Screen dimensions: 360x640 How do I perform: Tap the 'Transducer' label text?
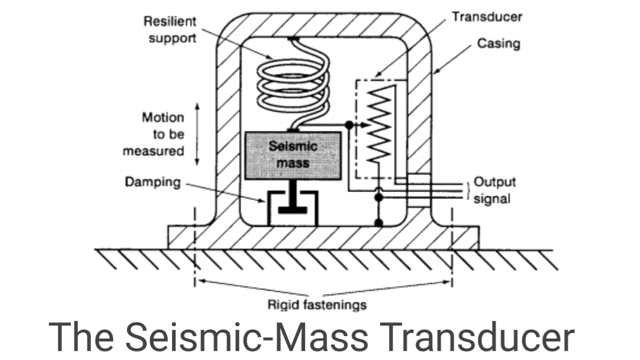pos(486,16)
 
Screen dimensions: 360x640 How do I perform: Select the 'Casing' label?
pos(498,43)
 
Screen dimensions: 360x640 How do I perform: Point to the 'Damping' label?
pos(152,181)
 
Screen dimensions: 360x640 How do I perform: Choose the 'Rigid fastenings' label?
pos(317,304)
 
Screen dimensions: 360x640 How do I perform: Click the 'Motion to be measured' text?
pos(163,134)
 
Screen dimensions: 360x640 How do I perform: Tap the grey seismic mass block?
pos(292,155)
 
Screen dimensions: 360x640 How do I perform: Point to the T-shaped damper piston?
pos(292,200)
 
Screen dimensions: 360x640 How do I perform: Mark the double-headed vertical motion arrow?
pos(197,134)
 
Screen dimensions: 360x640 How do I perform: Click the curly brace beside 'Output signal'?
pos(468,190)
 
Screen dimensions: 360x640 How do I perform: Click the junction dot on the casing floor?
pos(378,222)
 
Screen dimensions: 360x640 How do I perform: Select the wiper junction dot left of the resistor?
pos(349,124)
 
